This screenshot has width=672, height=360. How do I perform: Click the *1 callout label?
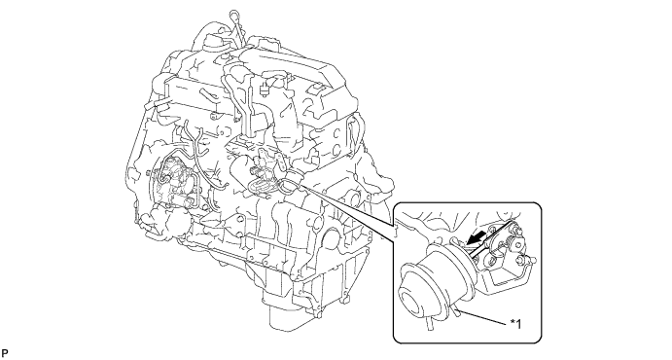516,324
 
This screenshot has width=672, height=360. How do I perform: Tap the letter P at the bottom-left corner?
5,353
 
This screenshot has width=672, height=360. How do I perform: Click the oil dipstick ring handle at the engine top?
234,15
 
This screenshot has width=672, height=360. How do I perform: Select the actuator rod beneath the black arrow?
488,241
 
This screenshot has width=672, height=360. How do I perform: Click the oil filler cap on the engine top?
213,41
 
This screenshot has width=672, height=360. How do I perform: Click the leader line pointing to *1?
484,316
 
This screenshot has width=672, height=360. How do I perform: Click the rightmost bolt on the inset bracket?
533,259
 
